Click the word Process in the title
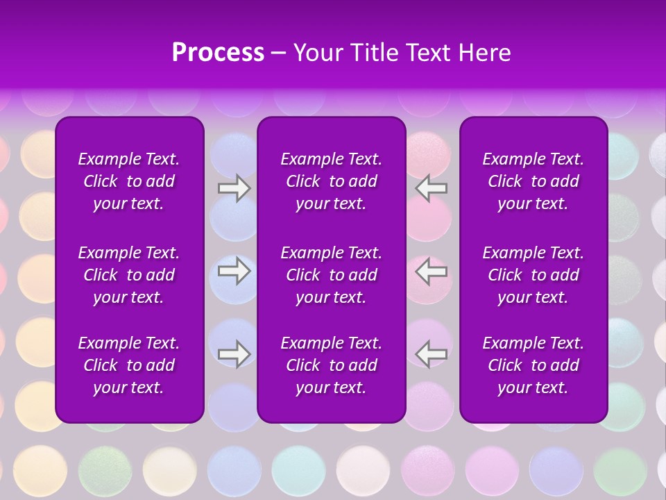[218, 53]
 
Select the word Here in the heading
[485, 53]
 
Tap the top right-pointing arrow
[234, 189]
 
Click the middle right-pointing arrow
[234, 271]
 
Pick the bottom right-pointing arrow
[234, 353]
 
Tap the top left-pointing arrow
[432, 189]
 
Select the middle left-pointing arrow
[432, 271]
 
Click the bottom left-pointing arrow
[432, 353]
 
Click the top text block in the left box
[129, 181]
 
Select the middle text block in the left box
[129, 275]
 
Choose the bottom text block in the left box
[129, 365]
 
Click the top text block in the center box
[331, 181]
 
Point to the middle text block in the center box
[331, 275]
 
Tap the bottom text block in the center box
[331, 365]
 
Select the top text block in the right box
[533, 181]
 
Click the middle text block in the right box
[533, 275]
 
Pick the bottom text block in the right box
[533, 365]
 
